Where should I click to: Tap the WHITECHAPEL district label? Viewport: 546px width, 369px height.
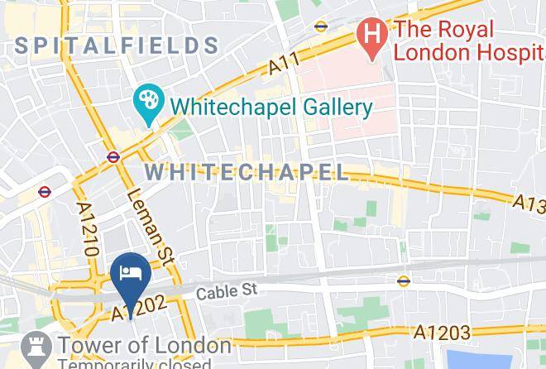[x=247, y=172]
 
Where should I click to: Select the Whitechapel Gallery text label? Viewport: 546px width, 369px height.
[x=272, y=107]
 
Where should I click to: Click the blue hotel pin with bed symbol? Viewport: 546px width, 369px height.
[x=131, y=274]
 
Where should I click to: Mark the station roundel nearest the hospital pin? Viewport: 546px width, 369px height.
[x=321, y=26]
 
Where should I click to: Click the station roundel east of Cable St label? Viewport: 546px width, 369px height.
[x=403, y=280]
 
